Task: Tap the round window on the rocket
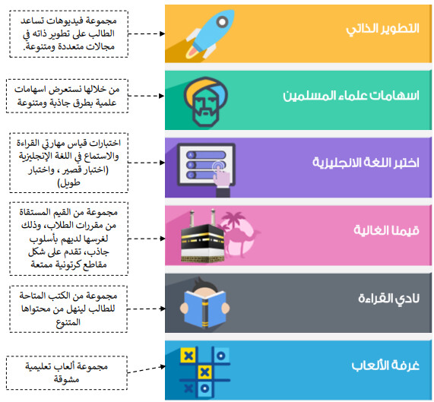[222, 21]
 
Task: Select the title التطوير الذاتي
[382, 29]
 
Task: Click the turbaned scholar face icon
[206, 102]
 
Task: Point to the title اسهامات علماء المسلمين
[351, 96]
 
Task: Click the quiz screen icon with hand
[206, 169]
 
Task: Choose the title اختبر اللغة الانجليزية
[366, 163]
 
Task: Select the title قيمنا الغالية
[386, 230]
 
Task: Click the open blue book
[204, 309]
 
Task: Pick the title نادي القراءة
[388, 299]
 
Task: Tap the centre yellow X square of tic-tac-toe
[204, 372]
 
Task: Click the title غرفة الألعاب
[385, 366]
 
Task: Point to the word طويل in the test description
[69, 183]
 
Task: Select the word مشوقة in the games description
[66, 379]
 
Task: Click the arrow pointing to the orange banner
[147, 33]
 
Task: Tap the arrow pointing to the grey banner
[147, 309]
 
